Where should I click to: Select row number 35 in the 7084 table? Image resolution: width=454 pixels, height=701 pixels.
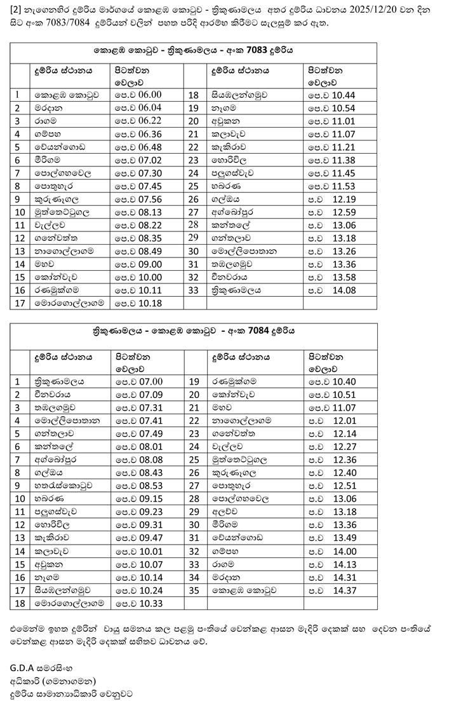(195, 589)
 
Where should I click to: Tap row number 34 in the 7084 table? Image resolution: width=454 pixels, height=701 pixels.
(195, 576)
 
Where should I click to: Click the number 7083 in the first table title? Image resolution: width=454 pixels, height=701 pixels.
(257, 49)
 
